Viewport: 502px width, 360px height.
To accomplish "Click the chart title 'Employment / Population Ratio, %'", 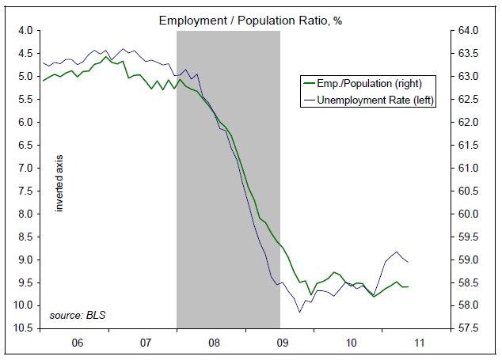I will pos(250,17).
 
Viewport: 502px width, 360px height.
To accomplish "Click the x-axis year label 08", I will pos(215,344).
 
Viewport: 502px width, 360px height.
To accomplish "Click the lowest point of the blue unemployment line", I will pos(300,312).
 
